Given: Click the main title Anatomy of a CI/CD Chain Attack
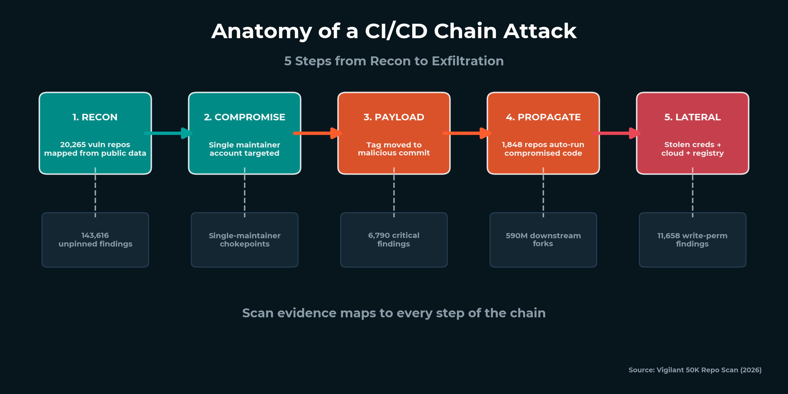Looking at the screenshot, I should (x=394, y=31).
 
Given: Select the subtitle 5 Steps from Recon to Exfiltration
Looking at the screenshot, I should (x=394, y=61).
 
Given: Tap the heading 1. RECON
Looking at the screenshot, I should (x=95, y=117).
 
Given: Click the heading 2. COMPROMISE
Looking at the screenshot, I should (x=244, y=117).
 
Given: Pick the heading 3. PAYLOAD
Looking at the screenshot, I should (x=394, y=117).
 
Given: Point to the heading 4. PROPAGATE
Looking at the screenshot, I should (x=543, y=117).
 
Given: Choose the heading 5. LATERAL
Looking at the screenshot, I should (x=692, y=117).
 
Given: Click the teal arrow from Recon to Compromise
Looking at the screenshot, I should (x=168, y=133).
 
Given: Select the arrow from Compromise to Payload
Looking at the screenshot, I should (x=317, y=133).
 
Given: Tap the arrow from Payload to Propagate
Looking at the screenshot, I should (x=466, y=133).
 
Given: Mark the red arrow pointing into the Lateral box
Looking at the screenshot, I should (x=616, y=133).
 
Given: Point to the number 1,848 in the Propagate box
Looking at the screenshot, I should (x=512, y=145).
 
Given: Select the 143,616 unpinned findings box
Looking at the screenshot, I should (x=95, y=240).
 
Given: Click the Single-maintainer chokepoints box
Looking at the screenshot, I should (x=245, y=240).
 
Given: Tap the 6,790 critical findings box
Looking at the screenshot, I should (x=394, y=240).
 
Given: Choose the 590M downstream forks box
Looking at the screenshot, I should (x=543, y=240).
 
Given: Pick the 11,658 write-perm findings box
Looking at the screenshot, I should (x=692, y=240).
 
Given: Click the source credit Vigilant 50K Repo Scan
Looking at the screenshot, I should (x=695, y=370).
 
